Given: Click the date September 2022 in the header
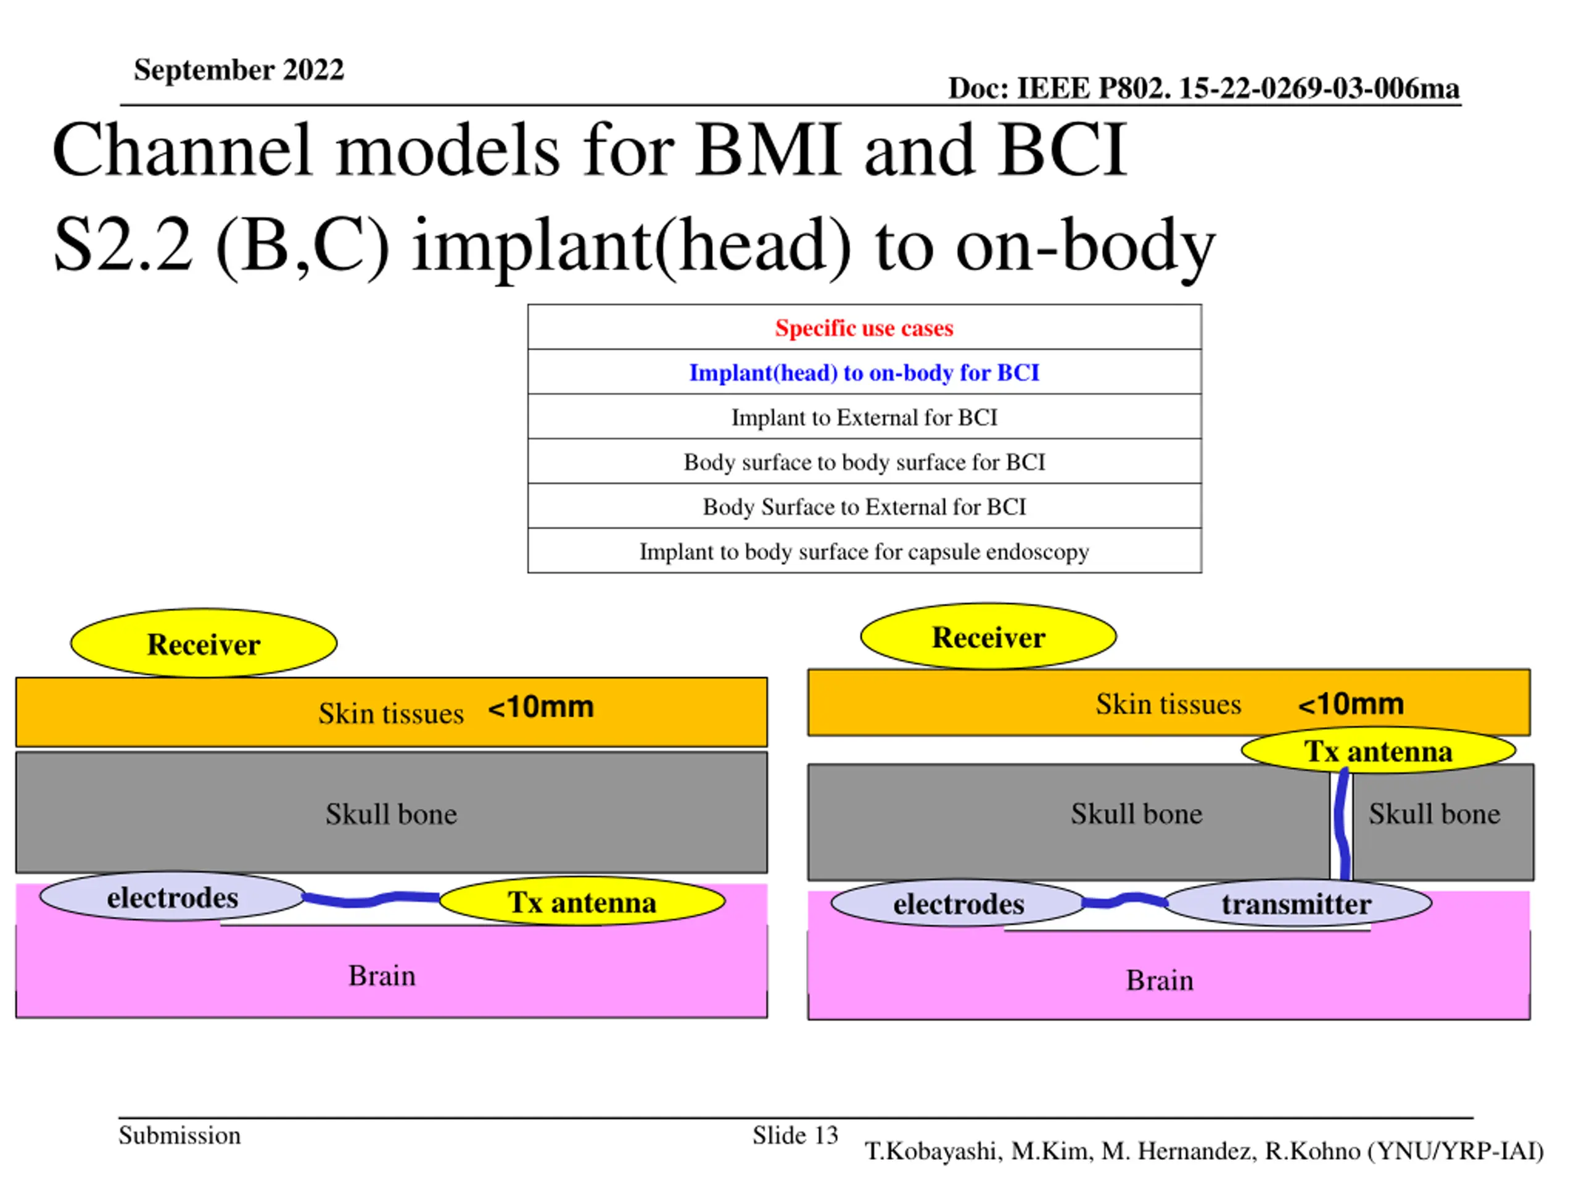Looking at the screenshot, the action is pos(239,70).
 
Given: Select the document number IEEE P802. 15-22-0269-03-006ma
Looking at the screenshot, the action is pos(1238,89).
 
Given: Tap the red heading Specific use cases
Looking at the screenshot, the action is pos(865,327).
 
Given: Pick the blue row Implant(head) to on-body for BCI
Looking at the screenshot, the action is pos(865,372).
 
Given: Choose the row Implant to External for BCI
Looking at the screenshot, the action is pos(865,417).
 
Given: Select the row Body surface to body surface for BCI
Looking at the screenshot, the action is pos(865,462).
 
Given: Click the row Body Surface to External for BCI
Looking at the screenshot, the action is pos(865,507).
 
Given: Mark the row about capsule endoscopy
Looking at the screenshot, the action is pos(865,552).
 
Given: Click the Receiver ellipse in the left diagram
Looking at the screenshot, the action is pos(204,643).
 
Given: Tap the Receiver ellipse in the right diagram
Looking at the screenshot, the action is pos(989,636).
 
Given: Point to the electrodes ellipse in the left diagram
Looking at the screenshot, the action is pos(173,897).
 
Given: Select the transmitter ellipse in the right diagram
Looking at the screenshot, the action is pos(1297,903).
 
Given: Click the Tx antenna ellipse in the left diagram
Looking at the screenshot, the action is pos(582,902).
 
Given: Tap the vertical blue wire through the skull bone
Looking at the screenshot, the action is pos(1343,824).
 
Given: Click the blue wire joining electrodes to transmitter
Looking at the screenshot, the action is pos(1124,901).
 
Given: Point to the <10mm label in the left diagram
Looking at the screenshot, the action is pos(540,707).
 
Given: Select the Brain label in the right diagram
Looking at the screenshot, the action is pos(1160,980).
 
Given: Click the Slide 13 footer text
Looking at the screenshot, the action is pos(795,1135).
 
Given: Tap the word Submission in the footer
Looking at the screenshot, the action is pos(180,1135).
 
